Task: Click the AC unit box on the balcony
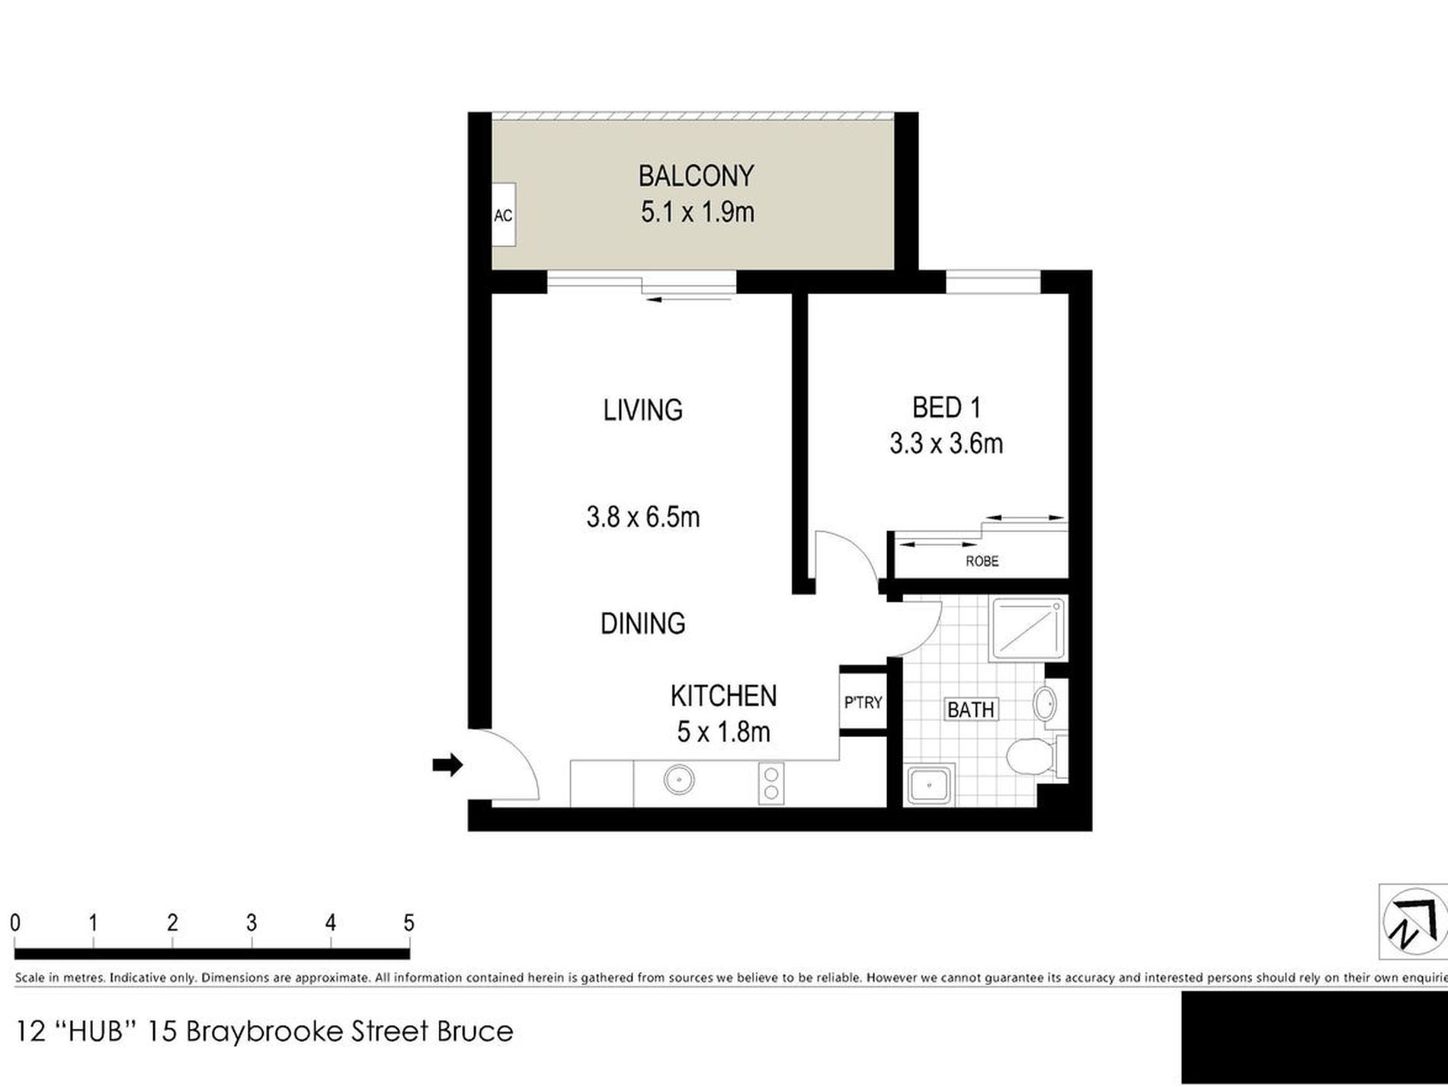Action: pyautogui.click(x=503, y=215)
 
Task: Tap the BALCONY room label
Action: pyautogui.click(x=696, y=176)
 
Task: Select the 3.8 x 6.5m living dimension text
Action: pyautogui.click(x=642, y=517)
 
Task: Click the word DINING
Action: pyautogui.click(x=642, y=623)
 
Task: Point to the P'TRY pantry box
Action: pyautogui.click(x=863, y=702)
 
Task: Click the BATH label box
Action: pyautogui.click(x=970, y=710)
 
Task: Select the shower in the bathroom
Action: pyautogui.click(x=1027, y=629)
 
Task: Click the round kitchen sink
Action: pyautogui.click(x=678, y=780)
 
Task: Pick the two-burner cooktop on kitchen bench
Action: pyautogui.click(x=770, y=783)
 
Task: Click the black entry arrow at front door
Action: pyautogui.click(x=448, y=764)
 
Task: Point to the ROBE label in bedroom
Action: pyautogui.click(x=982, y=562)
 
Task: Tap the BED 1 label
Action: pyautogui.click(x=946, y=408)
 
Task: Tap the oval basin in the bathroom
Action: pyautogui.click(x=1044, y=702)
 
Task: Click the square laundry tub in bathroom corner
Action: pyautogui.click(x=929, y=784)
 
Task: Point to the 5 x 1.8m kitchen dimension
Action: pyautogui.click(x=723, y=732)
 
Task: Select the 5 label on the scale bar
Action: pyautogui.click(x=408, y=924)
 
